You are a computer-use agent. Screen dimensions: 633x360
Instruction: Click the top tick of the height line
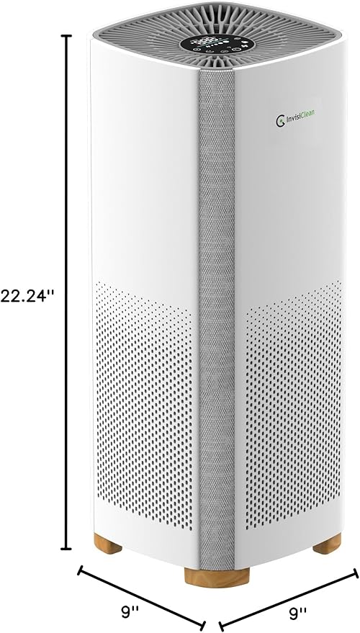[x=69, y=36]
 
